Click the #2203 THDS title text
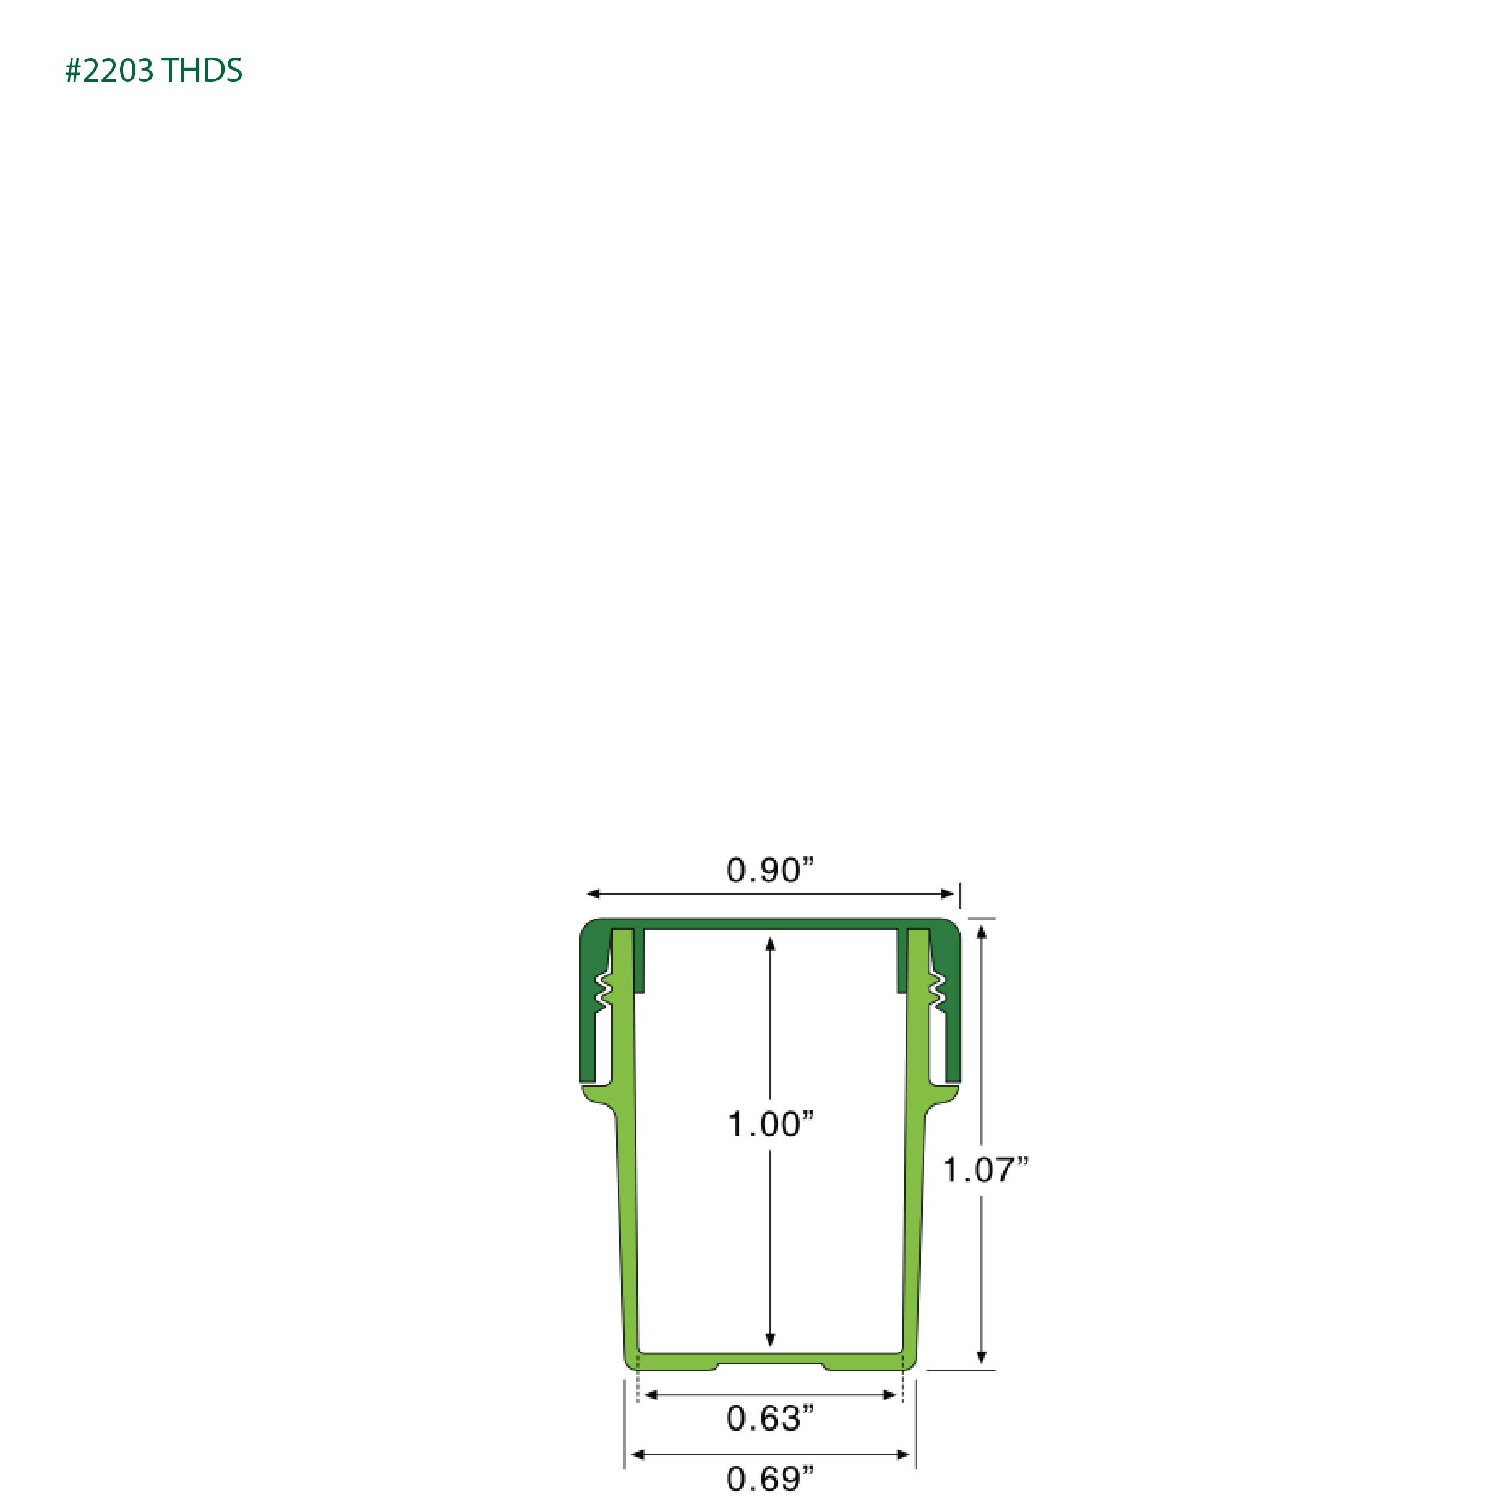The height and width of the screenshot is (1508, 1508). pyautogui.click(x=154, y=71)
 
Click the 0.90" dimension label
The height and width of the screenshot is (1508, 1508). pyautogui.click(x=771, y=870)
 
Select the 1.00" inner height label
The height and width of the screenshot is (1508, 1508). pyautogui.click(x=771, y=1125)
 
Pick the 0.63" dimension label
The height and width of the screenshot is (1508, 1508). pyautogui.click(x=771, y=1418)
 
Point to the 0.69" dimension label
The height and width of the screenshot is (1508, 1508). pyautogui.click(x=771, y=1479)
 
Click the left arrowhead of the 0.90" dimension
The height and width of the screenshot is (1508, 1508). pyautogui.click(x=593, y=894)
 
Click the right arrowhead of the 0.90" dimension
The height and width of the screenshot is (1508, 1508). pyautogui.click(x=948, y=894)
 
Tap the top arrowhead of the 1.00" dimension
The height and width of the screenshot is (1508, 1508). pyautogui.click(x=771, y=945)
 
